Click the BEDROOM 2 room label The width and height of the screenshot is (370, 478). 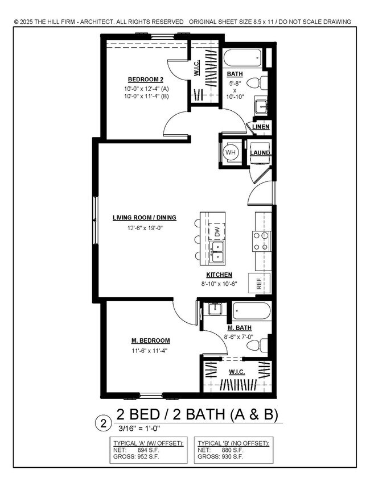[145, 79]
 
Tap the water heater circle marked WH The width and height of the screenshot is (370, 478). [231, 152]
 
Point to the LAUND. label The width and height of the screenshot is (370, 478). [260, 152]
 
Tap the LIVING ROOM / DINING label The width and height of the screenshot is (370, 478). [144, 217]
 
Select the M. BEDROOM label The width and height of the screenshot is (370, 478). [150, 340]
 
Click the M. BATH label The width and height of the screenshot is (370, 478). [239, 328]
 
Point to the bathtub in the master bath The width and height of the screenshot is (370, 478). [251, 312]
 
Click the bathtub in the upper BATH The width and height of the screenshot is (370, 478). [242, 58]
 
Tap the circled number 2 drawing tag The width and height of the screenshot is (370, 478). [104, 423]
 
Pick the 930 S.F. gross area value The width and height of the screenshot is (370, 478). [232, 456]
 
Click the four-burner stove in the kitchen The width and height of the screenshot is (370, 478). [260, 241]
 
